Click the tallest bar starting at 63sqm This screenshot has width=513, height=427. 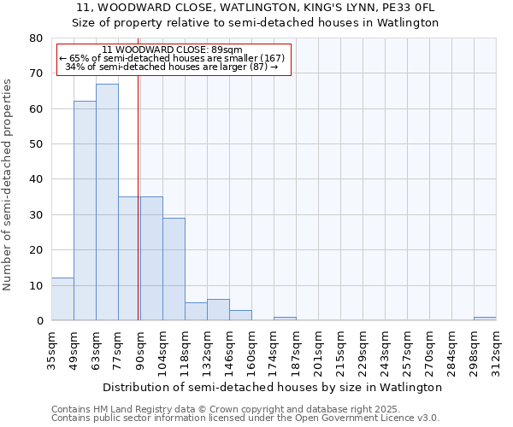107,202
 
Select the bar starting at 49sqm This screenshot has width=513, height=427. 85,211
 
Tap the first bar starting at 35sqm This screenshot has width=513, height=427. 62,299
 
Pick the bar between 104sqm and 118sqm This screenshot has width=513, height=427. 174,269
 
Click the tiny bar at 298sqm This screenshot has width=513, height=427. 485,319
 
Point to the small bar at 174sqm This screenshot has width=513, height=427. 285,319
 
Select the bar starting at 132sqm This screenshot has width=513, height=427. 218,310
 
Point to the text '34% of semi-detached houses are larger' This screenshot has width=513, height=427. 171,67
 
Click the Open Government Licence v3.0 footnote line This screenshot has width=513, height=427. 245,418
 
